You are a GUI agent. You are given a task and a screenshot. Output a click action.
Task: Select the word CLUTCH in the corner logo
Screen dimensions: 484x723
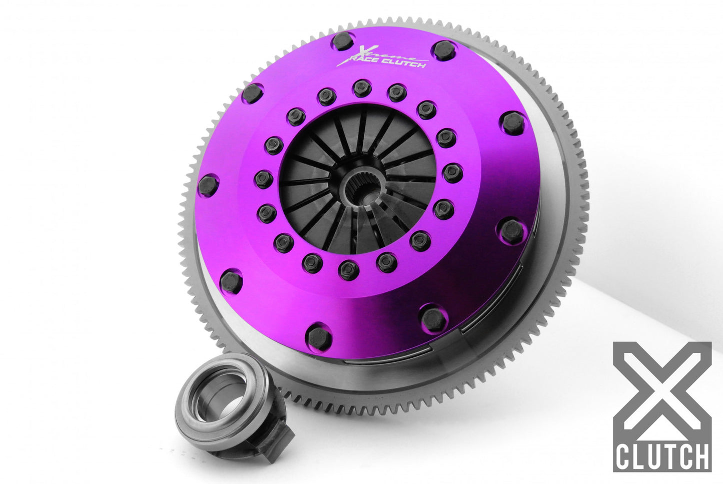662,455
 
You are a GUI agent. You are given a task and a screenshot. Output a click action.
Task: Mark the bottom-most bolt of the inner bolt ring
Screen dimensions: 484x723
348,270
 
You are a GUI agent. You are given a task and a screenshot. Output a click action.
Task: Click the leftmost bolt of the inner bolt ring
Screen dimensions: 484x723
263,178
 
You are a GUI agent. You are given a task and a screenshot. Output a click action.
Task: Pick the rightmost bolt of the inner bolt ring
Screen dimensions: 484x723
452,172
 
